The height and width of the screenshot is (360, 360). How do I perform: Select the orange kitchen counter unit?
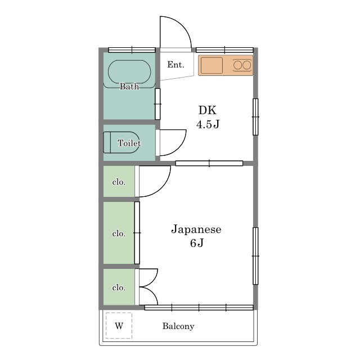tap(226, 65)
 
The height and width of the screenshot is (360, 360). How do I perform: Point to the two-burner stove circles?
tap(242, 65)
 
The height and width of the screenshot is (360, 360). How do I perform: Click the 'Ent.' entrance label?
tap(175, 65)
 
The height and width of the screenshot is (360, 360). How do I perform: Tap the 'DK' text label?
tap(207, 110)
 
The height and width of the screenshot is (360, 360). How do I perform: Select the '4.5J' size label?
tap(207, 124)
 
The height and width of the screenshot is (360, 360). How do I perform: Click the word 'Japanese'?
tap(196, 229)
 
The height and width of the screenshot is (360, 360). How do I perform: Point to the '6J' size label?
tap(196, 243)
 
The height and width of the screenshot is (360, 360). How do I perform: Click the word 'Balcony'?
tap(178, 326)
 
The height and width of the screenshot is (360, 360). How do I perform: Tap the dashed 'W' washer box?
tap(119, 326)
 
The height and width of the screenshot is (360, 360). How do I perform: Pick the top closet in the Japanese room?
tap(119, 182)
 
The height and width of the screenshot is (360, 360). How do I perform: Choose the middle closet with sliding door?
tap(119, 233)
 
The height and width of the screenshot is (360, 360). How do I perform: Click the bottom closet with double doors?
tap(119, 287)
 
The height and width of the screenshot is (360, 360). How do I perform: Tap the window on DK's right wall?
tap(255, 117)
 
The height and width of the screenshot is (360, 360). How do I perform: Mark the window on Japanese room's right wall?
tap(255, 255)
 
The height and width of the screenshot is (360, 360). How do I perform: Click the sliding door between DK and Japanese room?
tap(209, 164)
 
